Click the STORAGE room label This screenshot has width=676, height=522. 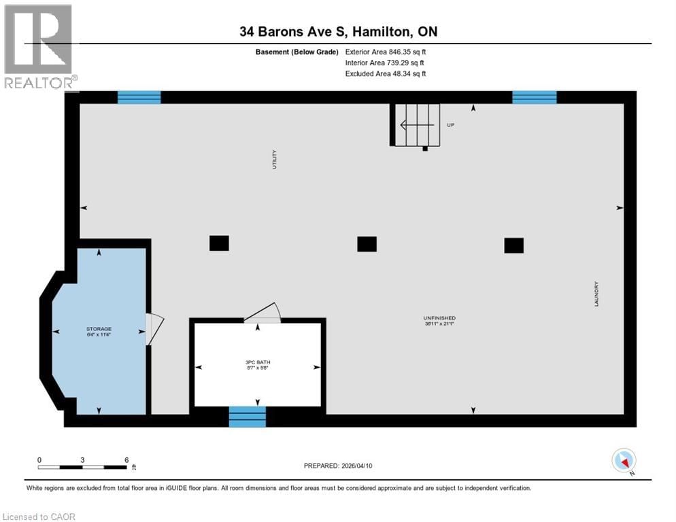(99, 329)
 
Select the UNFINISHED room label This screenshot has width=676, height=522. (439, 318)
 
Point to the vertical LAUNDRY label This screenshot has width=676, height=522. (596, 294)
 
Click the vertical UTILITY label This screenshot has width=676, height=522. (274, 159)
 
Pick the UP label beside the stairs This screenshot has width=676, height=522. (450, 125)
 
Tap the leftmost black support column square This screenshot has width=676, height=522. (219, 243)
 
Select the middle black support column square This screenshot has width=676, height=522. (367, 243)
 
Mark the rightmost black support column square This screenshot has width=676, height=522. (513, 245)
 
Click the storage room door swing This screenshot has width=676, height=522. (154, 328)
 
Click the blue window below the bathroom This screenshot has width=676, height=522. (247, 416)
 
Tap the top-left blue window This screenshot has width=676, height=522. (139, 97)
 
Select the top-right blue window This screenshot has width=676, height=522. (534, 97)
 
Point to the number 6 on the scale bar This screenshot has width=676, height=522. (126, 459)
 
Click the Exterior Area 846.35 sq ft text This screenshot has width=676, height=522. (386, 51)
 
